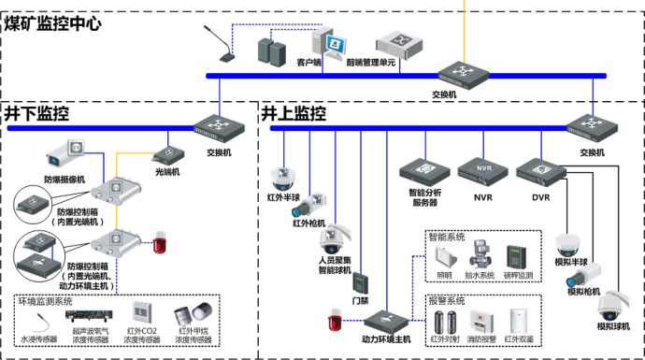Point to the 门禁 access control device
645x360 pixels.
click(361, 285)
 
